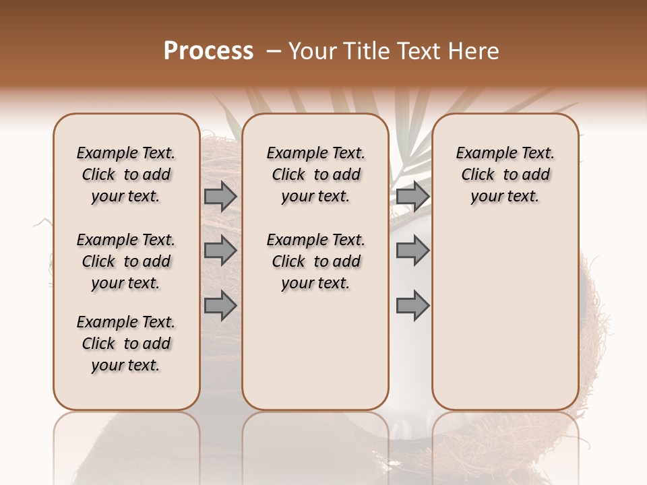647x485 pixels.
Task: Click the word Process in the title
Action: coord(208,51)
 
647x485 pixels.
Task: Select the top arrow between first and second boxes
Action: coord(220,197)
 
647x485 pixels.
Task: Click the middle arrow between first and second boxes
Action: coord(220,251)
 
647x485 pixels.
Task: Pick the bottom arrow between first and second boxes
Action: coord(220,305)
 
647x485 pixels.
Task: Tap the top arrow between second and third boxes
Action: coord(413,197)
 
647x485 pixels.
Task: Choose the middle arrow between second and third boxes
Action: coord(413,251)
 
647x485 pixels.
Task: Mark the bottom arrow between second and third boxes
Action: coord(413,305)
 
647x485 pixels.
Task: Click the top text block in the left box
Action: coord(126,174)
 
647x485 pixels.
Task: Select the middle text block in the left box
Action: coord(126,261)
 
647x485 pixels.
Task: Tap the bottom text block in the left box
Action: coord(126,344)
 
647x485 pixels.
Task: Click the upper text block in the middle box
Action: coord(315,174)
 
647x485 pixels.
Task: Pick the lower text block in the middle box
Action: coord(315,261)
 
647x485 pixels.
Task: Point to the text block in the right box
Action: coord(505,174)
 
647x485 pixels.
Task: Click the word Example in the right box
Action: coord(480,154)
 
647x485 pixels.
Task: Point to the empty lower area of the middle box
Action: coord(315,350)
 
